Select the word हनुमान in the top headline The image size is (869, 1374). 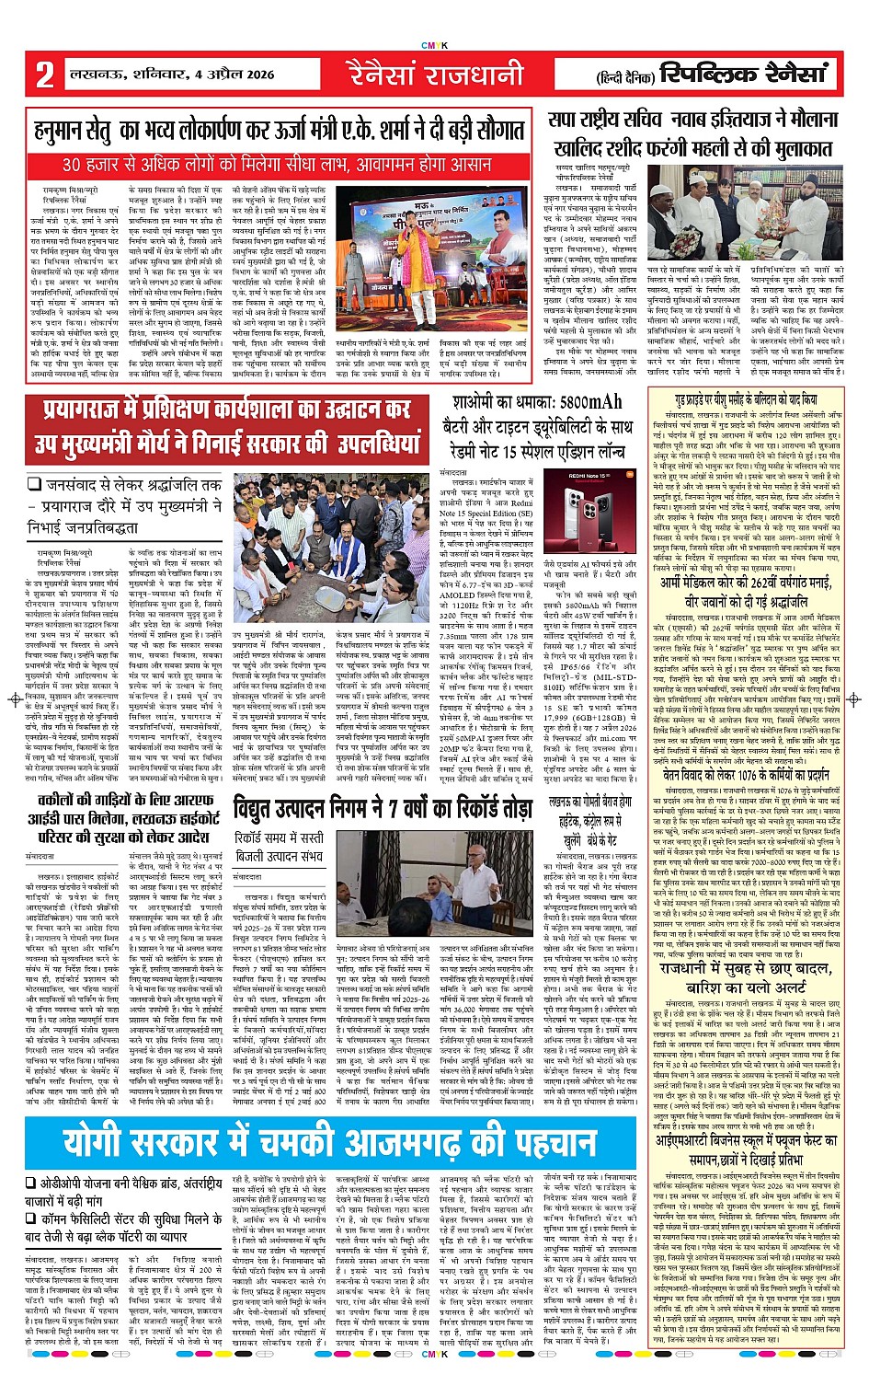click(66, 132)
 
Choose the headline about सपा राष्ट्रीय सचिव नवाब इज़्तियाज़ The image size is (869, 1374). click(690, 134)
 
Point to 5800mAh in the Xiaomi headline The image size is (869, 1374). click(579, 403)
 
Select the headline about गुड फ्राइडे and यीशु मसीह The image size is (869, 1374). click(746, 400)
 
